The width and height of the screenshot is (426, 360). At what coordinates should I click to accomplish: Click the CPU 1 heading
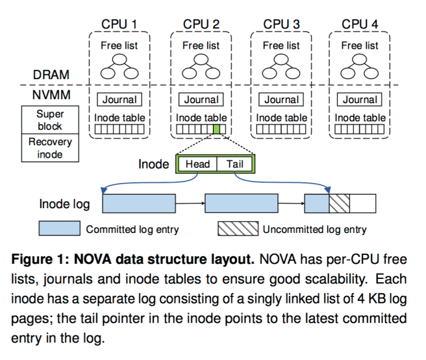pyautogui.click(x=119, y=25)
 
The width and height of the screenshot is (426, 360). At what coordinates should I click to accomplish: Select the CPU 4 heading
pyautogui.click(x=360, y=25)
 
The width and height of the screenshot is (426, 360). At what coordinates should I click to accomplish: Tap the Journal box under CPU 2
pyautogui.click(x=201, y=100)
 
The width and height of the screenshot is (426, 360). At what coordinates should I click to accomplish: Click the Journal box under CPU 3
pyautogui.click(x=281, y=100)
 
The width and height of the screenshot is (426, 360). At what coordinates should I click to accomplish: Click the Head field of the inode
pyautogui.click(x=197, y=164)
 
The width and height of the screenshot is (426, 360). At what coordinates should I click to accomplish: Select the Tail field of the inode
pyautogui.click(x=235, y=164)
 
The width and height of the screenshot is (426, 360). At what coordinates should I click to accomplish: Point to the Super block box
pyautogui.click(x=50, y=120)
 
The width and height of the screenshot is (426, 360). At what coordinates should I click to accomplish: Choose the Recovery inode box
pyautogui.click(x=50, y=147)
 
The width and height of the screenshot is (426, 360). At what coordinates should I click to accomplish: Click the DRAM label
pyautogui.click(x=51, y=75)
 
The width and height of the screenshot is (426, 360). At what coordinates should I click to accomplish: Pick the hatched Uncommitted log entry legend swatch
pyautogui.click(x=238, y=229)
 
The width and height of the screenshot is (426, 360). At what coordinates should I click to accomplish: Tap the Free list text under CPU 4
pyautogui.click(x=360, y=45)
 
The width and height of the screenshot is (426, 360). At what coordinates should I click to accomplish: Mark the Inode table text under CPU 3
pyautogui.click(x=281, y=118)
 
